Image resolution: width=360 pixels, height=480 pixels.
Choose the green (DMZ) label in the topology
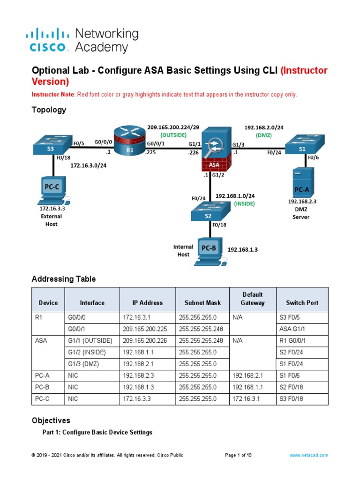pos(263,135)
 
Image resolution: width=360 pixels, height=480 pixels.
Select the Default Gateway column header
pos(253,299)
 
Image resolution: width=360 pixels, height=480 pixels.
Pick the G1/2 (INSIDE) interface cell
pos(92,352)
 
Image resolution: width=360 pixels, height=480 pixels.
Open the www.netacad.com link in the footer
pos(309,455)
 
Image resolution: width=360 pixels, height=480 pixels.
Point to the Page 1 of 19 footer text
pos(242,455)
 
